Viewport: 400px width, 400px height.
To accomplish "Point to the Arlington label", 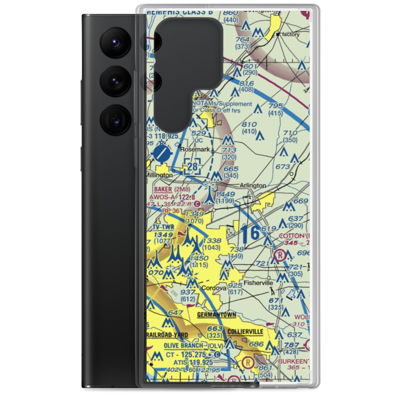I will (252, 186).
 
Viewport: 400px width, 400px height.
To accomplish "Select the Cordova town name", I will (214, 288).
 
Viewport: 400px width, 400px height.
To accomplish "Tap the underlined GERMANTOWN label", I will (216, 315).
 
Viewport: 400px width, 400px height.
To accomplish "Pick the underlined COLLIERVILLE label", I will (245, 332).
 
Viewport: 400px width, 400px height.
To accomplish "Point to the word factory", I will (290, 34).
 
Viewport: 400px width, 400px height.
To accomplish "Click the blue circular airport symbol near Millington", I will (162, 152).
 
